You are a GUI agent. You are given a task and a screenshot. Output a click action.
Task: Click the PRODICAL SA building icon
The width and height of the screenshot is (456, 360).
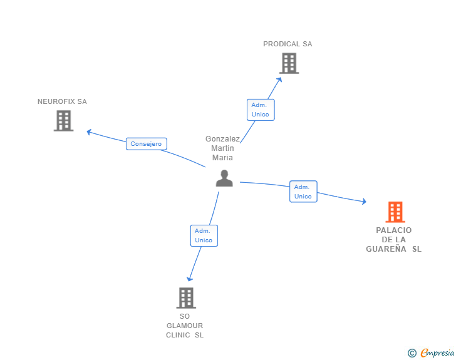[x=289, y=63]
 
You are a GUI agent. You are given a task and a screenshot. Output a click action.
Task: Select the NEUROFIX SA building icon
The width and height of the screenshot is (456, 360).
[x=63, y=121]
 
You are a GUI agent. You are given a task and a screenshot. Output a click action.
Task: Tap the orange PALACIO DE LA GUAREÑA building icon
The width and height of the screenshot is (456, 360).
[x=395, y=212]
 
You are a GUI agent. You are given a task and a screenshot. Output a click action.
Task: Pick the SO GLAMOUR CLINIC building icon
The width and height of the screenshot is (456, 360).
[x=185, y=298]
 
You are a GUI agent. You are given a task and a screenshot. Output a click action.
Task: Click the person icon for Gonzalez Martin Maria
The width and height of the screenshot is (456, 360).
[x=224, y=178]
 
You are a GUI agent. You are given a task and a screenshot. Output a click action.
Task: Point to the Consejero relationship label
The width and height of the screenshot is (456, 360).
[x=146, y=144]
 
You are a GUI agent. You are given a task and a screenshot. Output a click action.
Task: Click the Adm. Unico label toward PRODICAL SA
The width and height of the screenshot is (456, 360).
[x=260, y=110]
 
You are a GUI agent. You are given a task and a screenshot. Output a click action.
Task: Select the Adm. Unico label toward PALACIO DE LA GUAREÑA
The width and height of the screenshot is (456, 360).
[x=303, y=192]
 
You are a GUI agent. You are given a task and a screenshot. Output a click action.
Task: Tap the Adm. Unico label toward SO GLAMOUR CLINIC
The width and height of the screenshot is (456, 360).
[x=204, y=235]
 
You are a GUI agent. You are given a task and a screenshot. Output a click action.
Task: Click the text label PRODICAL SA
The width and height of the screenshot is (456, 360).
[x=288, y=44]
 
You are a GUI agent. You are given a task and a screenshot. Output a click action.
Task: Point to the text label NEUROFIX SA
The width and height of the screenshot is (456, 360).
[x=62, y=101]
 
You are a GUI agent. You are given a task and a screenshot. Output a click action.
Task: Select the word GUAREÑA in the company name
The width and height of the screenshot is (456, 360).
[x=386, y=249]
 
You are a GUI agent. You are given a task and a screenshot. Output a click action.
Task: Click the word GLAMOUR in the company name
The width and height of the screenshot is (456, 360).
[x=185, y=326]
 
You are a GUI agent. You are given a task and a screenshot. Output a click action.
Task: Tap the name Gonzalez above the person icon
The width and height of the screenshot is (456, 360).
[x=223, y=139]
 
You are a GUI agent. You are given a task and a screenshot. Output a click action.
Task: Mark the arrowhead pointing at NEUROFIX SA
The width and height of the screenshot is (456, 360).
[x=89, y=131]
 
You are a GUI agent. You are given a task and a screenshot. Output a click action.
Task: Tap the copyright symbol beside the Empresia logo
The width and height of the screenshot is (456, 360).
[x=412, y=353]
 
